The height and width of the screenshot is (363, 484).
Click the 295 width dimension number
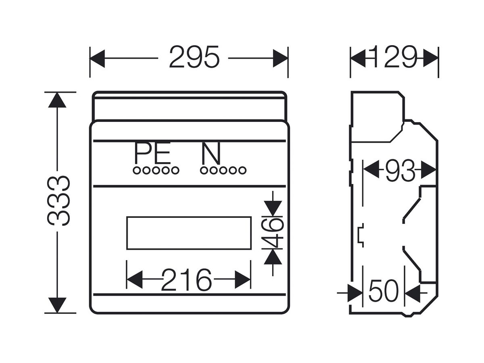click(194, 57)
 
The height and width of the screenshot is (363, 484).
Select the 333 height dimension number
click(58, 201)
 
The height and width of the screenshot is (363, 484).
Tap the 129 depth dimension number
click(394, 57)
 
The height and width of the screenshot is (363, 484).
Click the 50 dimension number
click(384, 290)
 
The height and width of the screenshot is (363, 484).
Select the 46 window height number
click(273, 234)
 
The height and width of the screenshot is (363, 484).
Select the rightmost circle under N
click(242, 171)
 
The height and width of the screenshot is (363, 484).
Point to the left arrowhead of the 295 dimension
click(97, 58)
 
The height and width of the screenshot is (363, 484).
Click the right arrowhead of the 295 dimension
click(280, 58)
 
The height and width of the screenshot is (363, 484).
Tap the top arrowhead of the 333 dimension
click(57, 100)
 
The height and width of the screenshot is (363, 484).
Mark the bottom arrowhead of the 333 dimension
click(57, 305)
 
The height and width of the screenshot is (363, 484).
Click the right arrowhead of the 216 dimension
click(242, 280)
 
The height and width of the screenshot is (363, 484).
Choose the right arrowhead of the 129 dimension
click(431, 58)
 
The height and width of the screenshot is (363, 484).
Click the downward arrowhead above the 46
click(273, 209)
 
